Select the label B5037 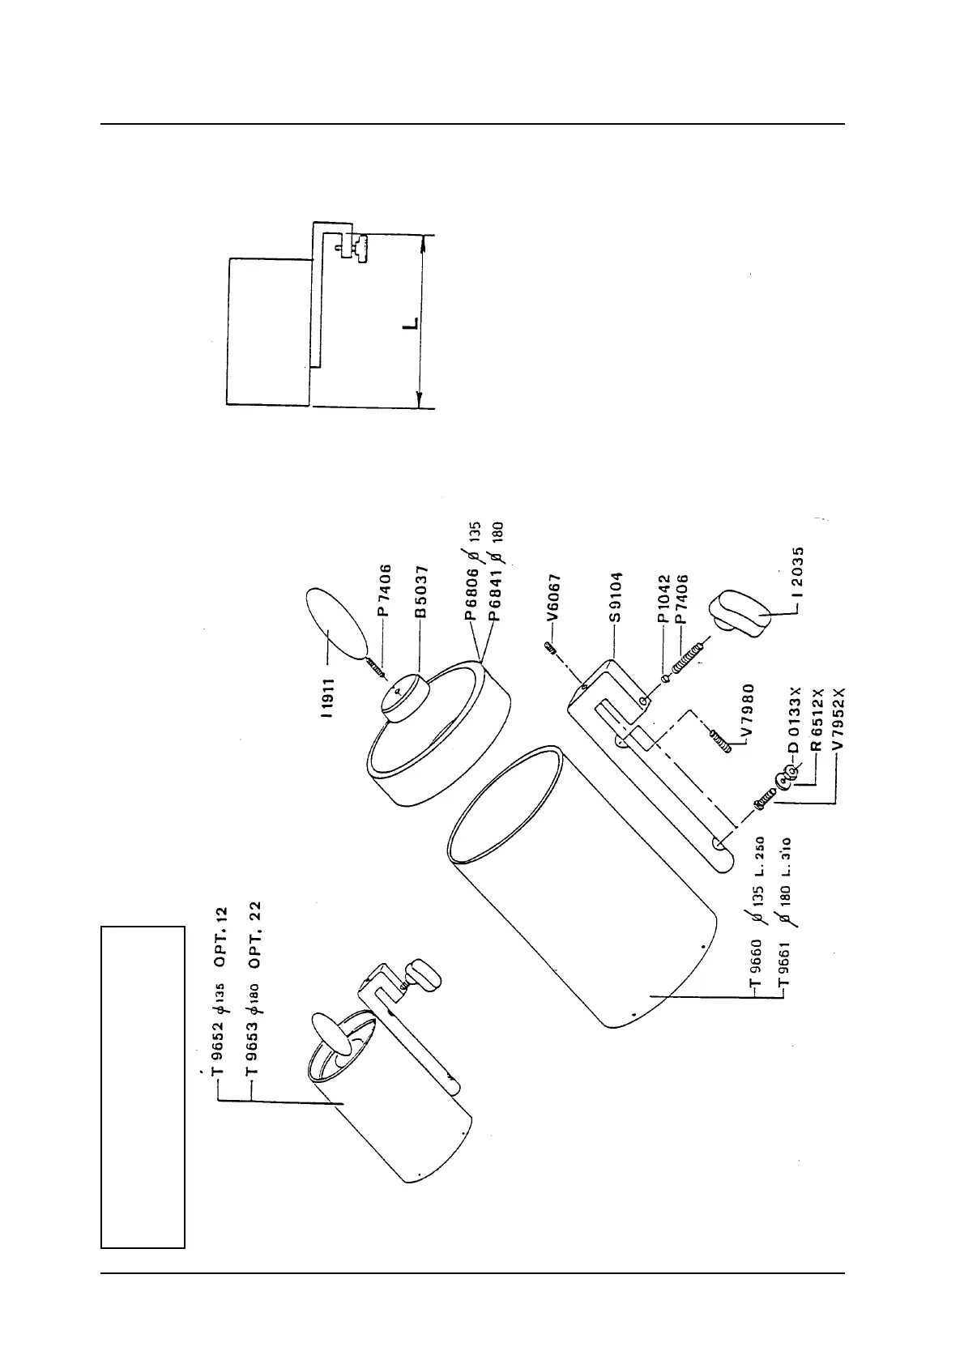tap(421, 592)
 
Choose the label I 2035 tap(800, 573)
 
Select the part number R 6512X tap(817, 719)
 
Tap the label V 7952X tap(839, 718)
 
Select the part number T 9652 tap(217, 1045)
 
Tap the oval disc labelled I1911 tap(334, 623)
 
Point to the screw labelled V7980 tap(720, 740)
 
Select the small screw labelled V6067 tap(549, 646)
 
